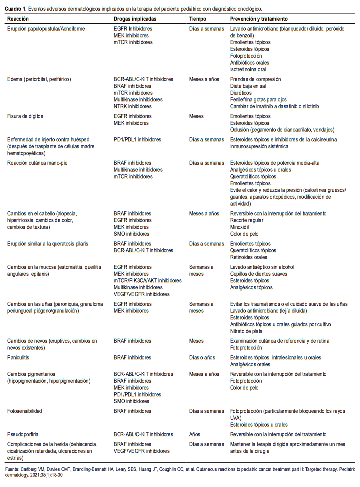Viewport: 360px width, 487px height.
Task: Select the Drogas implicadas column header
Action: click(135, 18)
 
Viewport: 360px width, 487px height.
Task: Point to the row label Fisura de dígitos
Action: click(29, 116)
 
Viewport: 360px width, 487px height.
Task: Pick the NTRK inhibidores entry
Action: click(132, 106)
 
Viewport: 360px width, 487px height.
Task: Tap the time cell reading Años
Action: click(195, 434)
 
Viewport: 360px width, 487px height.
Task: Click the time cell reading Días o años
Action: click(203, 358)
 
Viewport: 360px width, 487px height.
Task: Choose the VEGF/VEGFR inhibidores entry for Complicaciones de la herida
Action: click(142, 451)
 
